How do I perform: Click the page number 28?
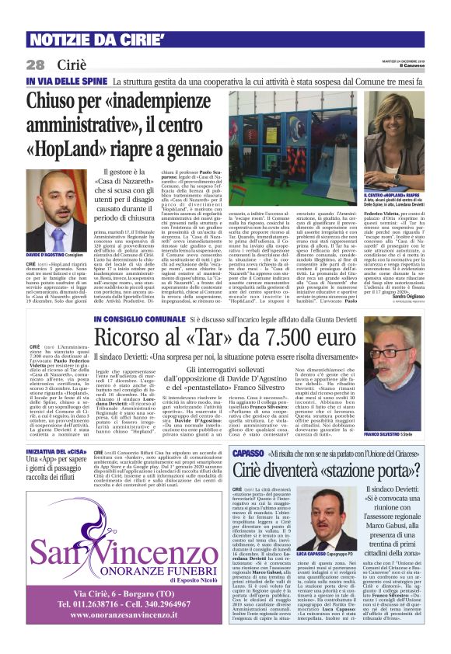coord(36,64)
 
